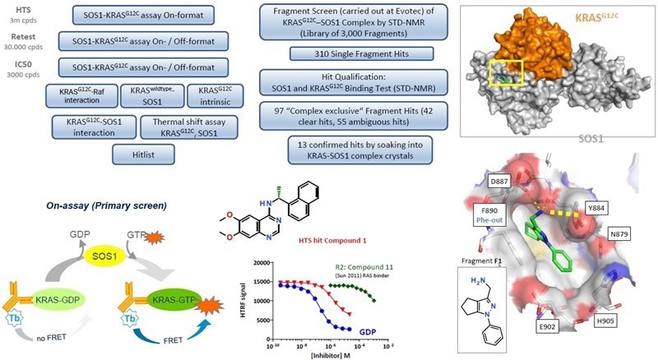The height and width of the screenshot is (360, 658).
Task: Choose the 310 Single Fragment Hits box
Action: tap(358, 53)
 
